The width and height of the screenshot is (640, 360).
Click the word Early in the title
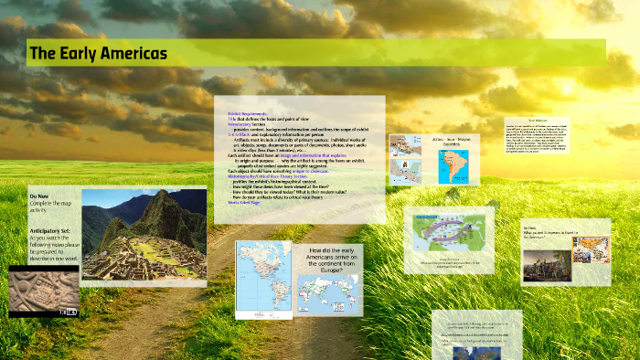coord(82,54)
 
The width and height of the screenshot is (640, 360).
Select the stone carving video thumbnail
coord(44,290)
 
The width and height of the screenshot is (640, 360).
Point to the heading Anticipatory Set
coord(51,231)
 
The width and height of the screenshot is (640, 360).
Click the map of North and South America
coord(261,277)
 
